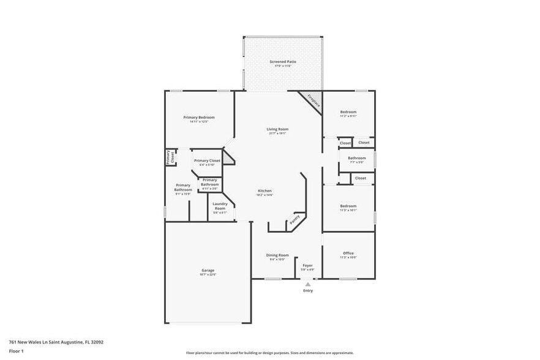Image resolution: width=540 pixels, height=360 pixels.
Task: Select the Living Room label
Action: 277,129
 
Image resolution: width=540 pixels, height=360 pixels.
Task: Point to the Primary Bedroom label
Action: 199,117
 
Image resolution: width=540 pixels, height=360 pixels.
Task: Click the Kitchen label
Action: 264,191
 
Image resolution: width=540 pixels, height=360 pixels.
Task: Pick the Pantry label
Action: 294,219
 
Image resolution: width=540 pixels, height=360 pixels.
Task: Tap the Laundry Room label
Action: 220,206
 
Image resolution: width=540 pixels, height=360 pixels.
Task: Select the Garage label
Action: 208,270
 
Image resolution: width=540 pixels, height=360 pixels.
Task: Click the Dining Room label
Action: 277,255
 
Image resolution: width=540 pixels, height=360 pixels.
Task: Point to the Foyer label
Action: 307,265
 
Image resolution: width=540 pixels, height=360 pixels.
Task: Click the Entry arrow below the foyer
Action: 307,284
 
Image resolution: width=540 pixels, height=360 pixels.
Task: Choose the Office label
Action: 348,253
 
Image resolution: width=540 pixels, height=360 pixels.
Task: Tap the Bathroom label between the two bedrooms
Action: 357,158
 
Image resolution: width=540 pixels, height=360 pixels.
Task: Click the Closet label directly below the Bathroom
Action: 360,178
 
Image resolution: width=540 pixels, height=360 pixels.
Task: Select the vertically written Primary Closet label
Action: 170,157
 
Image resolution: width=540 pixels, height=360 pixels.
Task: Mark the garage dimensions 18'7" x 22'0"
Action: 208,275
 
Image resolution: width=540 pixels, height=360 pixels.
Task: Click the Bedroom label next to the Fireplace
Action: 348,112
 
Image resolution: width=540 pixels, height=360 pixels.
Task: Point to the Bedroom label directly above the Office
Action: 348,206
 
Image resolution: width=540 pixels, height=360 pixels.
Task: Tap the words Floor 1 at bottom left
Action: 16,351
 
